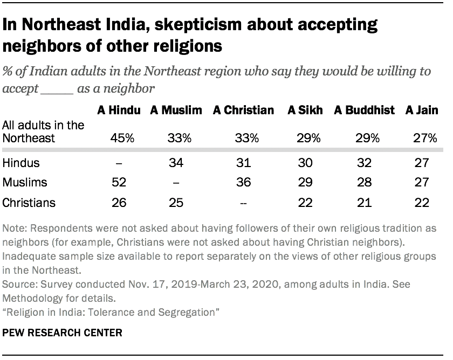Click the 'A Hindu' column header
pos(119,111)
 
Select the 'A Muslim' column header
pos(176,111)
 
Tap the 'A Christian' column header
pos(243,111)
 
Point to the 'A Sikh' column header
pos(305,111)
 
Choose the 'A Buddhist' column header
pos(364,111)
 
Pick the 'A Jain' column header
pos(422,111)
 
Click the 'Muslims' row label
pos(24,182)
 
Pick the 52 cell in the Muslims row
pos(119,182)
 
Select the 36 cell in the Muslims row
pos(243,182)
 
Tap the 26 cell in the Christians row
pos(119,203)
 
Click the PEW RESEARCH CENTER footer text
pos(63,333)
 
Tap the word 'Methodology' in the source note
pos(32,297)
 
